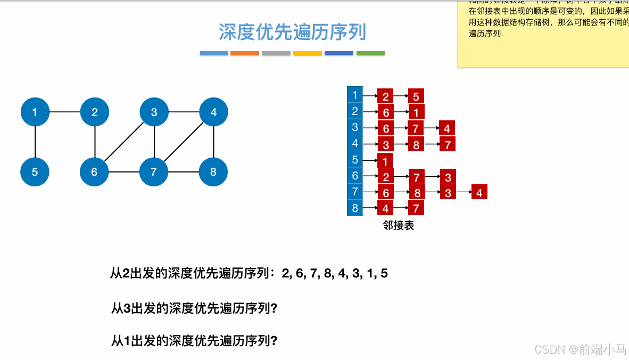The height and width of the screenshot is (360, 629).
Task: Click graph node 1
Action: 35,112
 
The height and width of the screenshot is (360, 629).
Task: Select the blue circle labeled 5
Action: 35,172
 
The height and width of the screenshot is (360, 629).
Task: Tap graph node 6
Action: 94,172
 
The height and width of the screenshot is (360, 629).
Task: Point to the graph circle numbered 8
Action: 213,172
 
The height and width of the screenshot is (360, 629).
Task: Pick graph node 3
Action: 154,112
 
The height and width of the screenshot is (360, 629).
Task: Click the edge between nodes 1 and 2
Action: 64,112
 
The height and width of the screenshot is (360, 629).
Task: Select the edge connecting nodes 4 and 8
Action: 213,142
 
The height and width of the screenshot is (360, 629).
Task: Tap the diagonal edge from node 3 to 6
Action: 124,142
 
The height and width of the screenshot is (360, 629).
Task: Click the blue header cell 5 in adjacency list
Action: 355,159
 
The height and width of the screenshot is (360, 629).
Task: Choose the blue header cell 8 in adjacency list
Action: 355,207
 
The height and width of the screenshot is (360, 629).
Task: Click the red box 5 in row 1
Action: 416,96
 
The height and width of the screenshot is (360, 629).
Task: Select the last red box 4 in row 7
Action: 479,193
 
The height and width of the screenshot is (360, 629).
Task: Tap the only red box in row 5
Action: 385,160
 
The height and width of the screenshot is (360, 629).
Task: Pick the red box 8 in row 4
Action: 416,144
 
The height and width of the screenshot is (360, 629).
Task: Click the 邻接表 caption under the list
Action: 398,226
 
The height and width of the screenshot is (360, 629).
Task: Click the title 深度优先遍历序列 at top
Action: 292,32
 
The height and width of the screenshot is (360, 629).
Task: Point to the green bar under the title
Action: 370,53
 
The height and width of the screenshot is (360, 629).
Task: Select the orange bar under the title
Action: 245,53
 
